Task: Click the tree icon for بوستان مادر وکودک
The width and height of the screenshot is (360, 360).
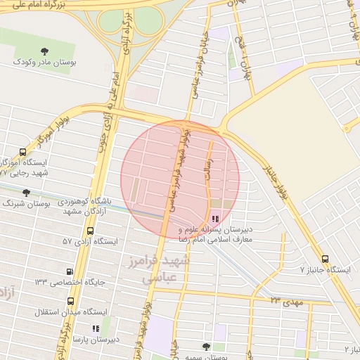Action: click(45, 51)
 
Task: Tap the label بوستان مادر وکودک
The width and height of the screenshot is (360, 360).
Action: click(45, 62)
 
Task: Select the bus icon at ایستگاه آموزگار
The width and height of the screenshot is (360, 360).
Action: click(22, 152)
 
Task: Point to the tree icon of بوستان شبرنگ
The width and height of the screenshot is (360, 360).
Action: click(26, 193)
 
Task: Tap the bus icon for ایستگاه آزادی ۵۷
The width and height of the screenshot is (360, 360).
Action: click(89, 231)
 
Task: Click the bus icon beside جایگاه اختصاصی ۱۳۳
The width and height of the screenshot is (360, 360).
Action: click(70, 271)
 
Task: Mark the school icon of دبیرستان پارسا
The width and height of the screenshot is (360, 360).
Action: click(96, 328)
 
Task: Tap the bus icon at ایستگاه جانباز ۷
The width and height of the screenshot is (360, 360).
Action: click(324, 259)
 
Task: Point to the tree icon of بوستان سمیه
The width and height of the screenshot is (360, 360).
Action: click(206, 346)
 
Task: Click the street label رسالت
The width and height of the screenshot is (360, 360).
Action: click(208, 169)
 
